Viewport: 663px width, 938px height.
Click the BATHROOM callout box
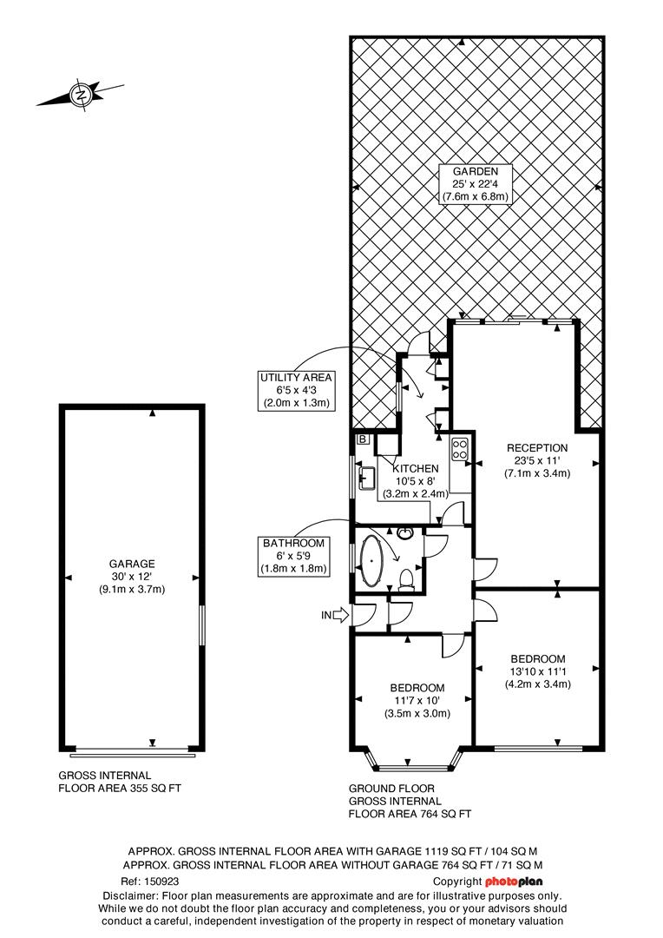294,557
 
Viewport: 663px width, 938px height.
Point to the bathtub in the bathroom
374,563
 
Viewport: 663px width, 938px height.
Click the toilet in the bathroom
408,577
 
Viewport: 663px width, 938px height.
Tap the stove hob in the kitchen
459,450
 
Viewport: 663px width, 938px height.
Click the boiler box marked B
362,439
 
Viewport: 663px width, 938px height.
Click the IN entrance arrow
334,616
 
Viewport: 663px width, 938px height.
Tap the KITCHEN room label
416,468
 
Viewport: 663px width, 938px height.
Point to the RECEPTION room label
537,448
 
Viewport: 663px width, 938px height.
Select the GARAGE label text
132,564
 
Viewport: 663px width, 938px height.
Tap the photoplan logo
514,882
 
